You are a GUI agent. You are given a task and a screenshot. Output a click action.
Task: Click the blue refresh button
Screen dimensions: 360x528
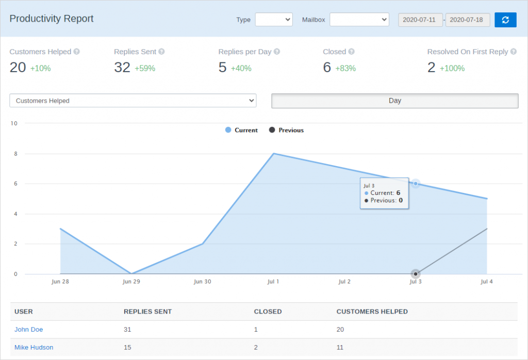(505, 20)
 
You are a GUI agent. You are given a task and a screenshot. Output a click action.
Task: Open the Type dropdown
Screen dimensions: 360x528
(274, 20)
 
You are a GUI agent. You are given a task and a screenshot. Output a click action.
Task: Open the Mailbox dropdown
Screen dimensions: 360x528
(359, 20)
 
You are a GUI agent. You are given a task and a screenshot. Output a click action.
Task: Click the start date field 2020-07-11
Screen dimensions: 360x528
(420, 20)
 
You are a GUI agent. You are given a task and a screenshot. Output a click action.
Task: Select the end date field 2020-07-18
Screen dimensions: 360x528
(468, 20)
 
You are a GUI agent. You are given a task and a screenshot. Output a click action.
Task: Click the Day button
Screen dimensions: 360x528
(394, 101)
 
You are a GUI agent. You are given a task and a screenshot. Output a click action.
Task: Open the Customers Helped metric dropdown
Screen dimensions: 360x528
(133, 101)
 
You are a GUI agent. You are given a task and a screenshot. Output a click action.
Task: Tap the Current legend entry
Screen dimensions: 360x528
(241, 130)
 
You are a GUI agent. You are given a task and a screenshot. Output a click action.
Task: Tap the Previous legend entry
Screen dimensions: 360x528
(286, 130)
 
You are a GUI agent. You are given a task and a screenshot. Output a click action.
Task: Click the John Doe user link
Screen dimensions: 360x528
(29, 330)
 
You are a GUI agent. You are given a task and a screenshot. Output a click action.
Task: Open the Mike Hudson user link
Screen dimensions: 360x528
(34, 348)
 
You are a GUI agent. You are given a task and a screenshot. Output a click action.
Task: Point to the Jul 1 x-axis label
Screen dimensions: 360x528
(273, 282)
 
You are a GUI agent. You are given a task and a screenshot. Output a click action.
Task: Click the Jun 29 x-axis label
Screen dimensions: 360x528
(131, 282)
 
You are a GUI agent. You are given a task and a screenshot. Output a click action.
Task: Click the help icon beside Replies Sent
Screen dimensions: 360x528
(161, 52)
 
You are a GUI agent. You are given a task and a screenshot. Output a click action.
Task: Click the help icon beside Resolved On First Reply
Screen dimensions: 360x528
(513, 52)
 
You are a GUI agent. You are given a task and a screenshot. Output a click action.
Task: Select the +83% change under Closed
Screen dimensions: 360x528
(345, 68)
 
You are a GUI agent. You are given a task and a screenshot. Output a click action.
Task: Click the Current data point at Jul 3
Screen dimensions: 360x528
(416, 184)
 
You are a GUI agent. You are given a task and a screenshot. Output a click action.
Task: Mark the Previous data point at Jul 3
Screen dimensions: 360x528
(416, 274)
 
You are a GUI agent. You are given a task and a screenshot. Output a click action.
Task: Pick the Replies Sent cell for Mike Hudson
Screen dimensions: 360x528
(127, 348)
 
